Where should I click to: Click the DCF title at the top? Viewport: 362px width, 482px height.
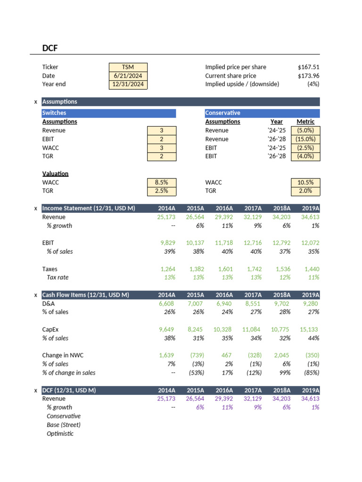(50, 48)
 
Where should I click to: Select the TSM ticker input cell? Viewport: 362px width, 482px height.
(128, 67)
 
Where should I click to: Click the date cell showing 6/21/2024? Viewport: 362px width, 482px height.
(128, 76)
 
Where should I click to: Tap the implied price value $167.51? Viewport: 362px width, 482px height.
(308, 67)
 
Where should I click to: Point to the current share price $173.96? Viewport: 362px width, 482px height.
(308, 76)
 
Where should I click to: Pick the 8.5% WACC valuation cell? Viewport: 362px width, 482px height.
(161, 182)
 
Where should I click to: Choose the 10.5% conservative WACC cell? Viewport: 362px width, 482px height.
(305, 182)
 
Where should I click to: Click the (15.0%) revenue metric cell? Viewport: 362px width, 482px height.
(305, 139)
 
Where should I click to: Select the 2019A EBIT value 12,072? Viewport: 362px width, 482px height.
(310, 243)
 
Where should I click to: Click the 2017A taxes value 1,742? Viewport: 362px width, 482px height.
(253, 269)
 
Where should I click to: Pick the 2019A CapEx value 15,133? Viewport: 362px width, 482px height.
(310, 329)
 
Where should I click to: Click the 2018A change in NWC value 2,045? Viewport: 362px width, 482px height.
(281, 355)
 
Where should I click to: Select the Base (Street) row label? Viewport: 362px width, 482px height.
(64, 425)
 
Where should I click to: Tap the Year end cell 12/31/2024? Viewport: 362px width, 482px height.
(128, 85)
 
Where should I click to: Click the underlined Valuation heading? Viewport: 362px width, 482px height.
(55, 174)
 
